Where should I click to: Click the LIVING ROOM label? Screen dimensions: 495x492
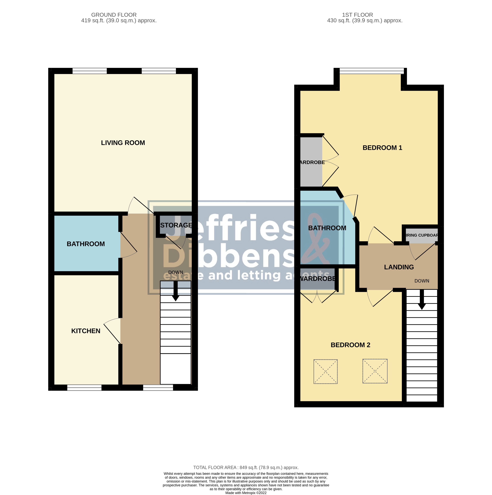point(123,143)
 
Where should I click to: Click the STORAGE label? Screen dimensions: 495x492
point(176,225)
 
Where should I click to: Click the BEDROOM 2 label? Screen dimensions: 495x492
point(350,345)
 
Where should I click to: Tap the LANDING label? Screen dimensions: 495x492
point(399,267)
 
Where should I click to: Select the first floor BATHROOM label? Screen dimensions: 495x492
point(327,228)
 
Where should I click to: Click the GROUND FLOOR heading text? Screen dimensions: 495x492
point(114,15)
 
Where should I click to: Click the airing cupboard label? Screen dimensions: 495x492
point(422,235)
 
